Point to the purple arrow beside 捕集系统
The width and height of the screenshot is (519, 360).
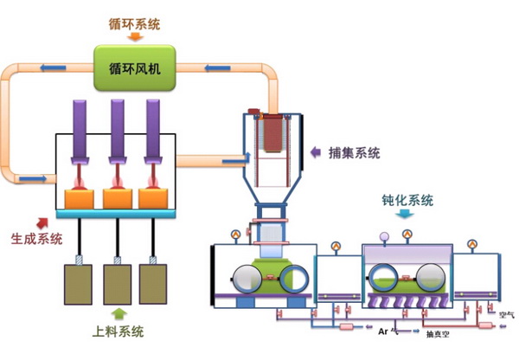(x=317, y=152)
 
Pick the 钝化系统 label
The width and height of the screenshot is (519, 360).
(x=407, y=201)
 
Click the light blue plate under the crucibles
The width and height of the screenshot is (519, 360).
(x=116, y=213)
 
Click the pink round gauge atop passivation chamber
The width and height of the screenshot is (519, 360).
(x=385, y=236)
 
